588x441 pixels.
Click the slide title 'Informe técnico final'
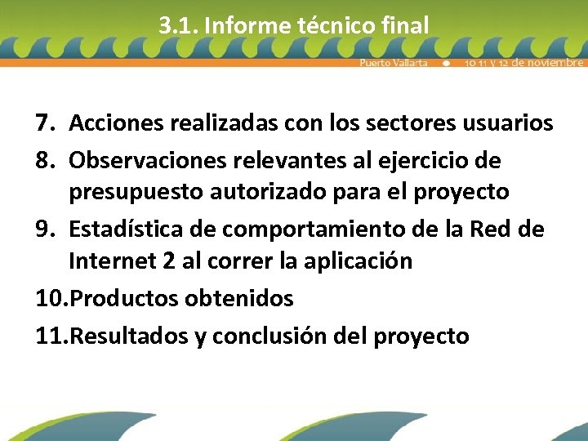tap(317, 25)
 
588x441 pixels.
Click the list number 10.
tap(51, 299)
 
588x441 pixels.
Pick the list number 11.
tap(51, 335)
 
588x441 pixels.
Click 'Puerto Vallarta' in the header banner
tap(394, 63)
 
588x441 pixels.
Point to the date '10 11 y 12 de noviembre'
tap(523, 63)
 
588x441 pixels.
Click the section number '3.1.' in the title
tap(179, 25)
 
